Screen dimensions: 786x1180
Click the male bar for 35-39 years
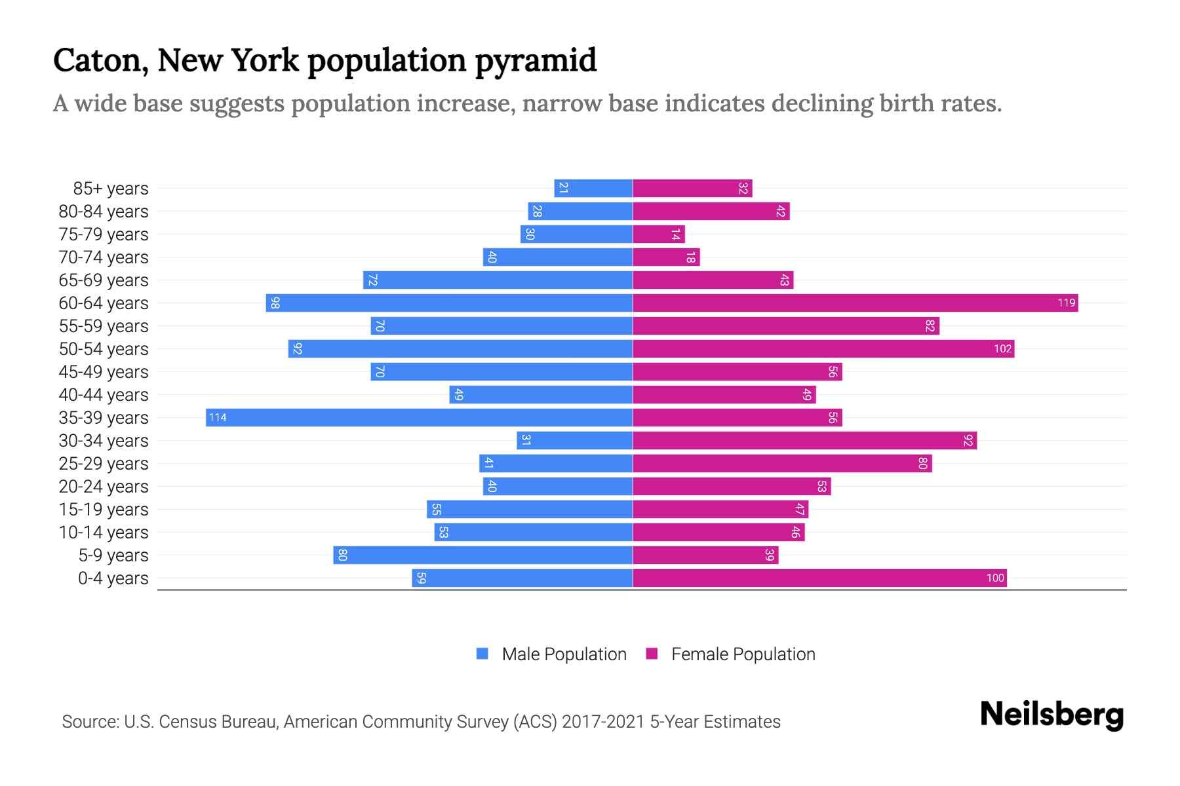click(x=420, y=418)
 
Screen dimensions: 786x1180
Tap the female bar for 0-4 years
click(x=819, y=578)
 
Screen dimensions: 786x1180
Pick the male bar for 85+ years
click(x=593, y=189)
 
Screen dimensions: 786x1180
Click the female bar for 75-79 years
click(x=658, y=234)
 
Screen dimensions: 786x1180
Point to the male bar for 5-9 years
click(x=483, y=555)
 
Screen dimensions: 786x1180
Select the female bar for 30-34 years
click(x=804, y=441)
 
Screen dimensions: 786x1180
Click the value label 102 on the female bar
click(x=1002, y=349)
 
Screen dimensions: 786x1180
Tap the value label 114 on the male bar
click(x=218, y=418)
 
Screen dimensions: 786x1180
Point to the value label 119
click(x=1066, y=303)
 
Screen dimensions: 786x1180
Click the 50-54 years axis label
click(x=104, y=349)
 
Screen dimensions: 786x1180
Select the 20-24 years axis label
click(x=104, y=487)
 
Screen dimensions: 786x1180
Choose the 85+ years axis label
click(x=111, y=189)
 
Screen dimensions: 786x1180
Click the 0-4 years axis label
click(x=113, y=578)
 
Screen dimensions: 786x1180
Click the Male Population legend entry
click(x=564, y=654)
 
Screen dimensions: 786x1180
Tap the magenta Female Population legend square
click(x=652, y=654)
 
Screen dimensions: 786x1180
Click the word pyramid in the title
click(x=536, y=61)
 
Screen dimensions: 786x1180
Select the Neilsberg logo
click(x=1052, y=715)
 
